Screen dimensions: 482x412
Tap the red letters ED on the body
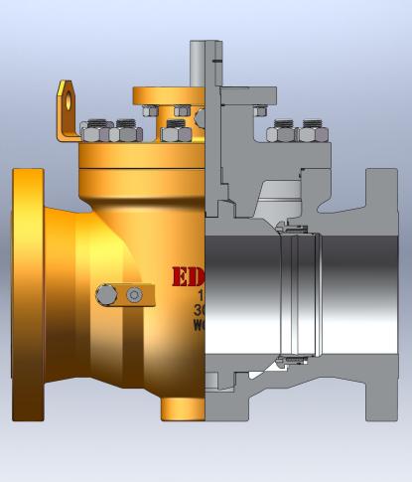[x=188, y=276]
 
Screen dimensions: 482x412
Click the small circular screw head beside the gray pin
[x=134, y=294]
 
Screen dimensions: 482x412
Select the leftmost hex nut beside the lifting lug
[x=93, y=130]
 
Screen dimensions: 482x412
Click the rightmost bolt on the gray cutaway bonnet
[x=314, y=131]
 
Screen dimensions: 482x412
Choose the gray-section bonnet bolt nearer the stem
[x=283, y=131]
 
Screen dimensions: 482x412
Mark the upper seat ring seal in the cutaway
[x=293, y=232]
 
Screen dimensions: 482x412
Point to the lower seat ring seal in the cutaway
[x=293, y=359]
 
